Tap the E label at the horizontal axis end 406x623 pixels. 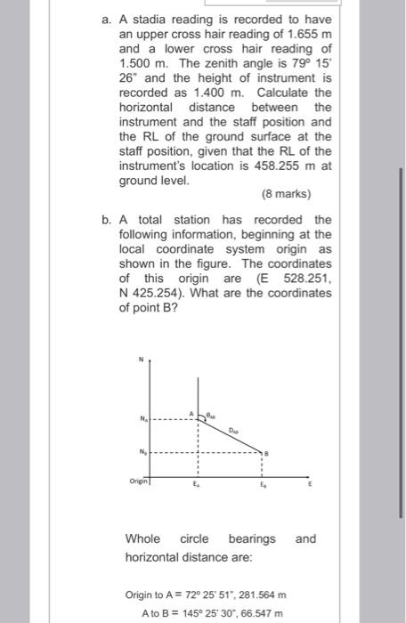[x=310, y=489]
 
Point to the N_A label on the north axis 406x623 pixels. [x=140, y=418]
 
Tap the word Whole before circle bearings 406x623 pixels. [x=143, y=538]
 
